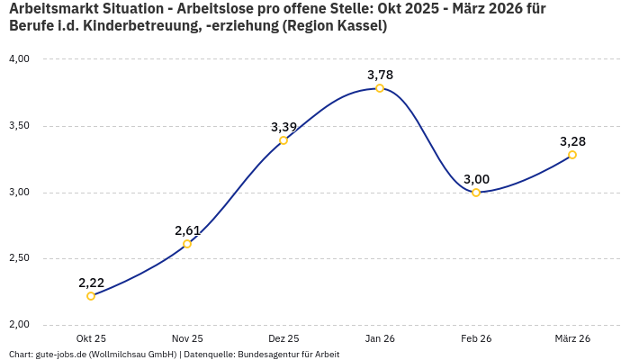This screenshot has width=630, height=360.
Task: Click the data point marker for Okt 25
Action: pyautogui.click(x=91, y=296)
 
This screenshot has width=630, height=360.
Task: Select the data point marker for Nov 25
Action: pyautogui.click(x=187, y=244)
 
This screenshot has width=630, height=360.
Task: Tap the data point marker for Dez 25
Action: pyautogui.click(x=283, y=140)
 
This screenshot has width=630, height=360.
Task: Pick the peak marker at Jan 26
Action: pyautogui.click(x=380, y=88)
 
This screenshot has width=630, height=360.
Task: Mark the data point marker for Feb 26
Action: pyautogui.click(x=476, y=193)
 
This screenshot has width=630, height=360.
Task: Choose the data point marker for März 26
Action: pyautogui.click(x=572, y=155)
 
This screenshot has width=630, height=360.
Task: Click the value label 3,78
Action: pyautogui.click(x=380, y=75)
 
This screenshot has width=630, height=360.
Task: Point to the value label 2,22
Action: pyautogui.click(x=91, y=283)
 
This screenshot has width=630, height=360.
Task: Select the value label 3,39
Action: pyautogui.click(x=283, y=127)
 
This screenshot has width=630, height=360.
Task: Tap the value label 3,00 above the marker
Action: pyautogui.click(x=476, y=179)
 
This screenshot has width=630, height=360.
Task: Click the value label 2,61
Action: pyautogui.click(x=187, y=230)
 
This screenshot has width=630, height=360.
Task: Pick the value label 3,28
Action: pyautogui.click(x=572, y=141)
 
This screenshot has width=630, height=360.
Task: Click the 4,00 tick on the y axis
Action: pyautogui.click(x=19, y=59)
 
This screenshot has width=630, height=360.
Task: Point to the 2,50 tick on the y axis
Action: pyautogui.click(x=19, y=258)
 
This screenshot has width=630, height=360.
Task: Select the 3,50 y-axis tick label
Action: pyautogui.click(x=19, y=126)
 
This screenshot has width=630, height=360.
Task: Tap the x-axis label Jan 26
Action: pyautogui.click(x=380, y=338)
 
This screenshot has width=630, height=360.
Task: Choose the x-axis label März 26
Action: pyautogui.click(x=572, y=338)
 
